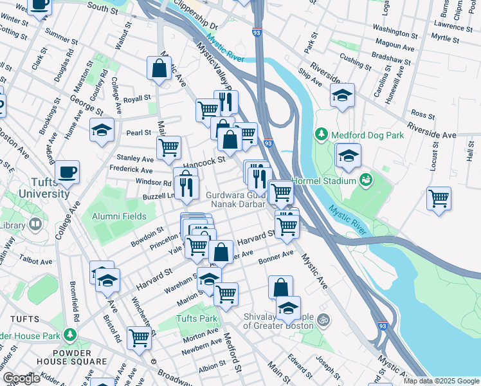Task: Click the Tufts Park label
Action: (197, 318)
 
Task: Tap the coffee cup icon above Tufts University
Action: (67, 172)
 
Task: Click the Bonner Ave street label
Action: (276, 257)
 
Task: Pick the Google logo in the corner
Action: (21, 378)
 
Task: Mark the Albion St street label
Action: (212, 369)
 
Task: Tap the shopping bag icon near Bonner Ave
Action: (280, 287)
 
